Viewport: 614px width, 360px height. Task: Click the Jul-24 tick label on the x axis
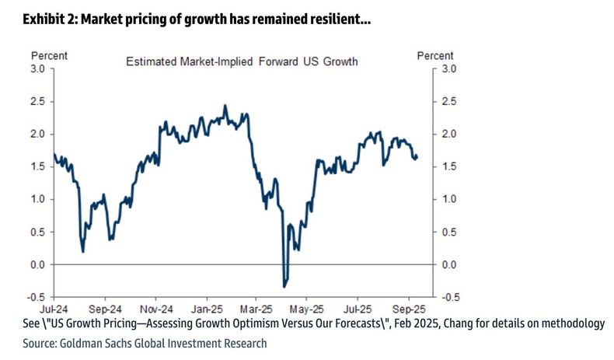[54, 306]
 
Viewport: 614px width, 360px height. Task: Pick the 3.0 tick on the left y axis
[37, 69]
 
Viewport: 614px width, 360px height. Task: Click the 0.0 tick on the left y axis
[37, 264]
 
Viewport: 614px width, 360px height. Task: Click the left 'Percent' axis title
[49, 56]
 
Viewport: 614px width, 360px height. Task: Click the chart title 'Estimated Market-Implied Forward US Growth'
[242, 61]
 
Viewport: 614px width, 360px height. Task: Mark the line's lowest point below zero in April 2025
[284, 286]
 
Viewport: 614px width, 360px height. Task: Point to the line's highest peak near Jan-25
[225, 106]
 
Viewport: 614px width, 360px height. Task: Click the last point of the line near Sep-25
[417, 157]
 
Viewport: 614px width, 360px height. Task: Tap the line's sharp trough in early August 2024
[83, 251]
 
